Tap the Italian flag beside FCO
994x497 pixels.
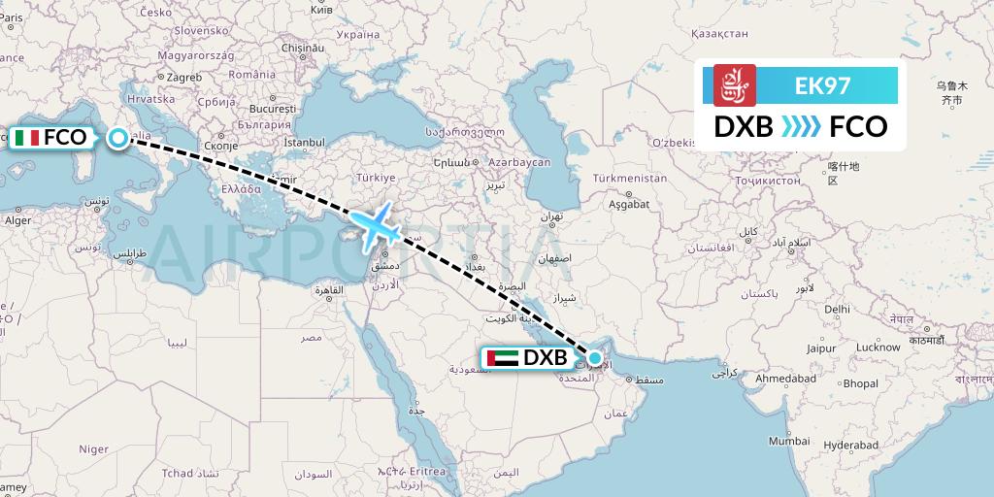tap(27, 138)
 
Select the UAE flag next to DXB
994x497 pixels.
tap(500, 358)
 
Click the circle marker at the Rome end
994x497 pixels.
tap(117, 138)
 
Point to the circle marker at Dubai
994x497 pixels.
tap(594, 358)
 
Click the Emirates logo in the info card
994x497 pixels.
tap(734, 85)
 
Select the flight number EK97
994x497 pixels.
tap(822, 85)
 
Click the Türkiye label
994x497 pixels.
tap(378, 179)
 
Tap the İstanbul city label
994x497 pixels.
tap(304, 143)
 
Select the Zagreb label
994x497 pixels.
tap(184, 77)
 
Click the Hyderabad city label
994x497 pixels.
tap(853, 446)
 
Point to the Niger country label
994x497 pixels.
tap(93, 448)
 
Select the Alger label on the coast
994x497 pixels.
tap(19, 220)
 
